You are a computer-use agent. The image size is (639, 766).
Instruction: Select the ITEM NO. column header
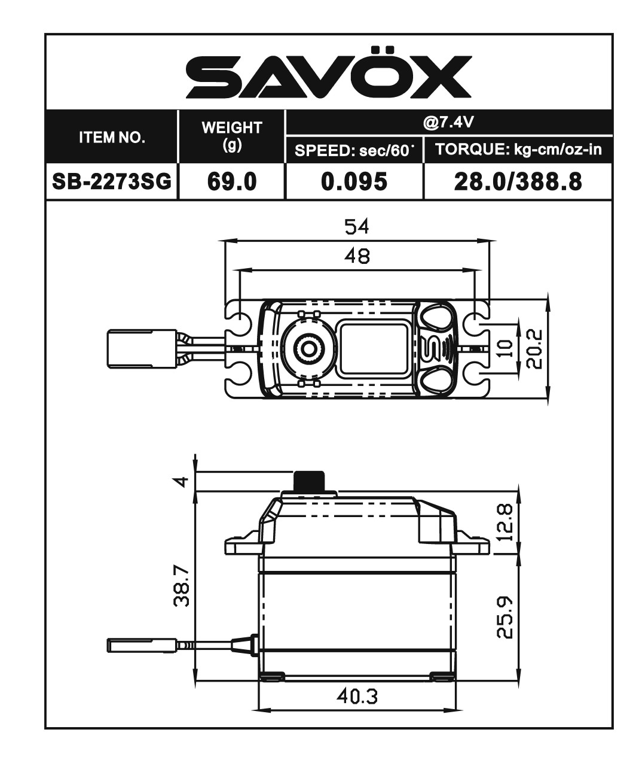tap(112, 137)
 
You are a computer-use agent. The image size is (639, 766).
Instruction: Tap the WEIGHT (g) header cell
tap(232, 136)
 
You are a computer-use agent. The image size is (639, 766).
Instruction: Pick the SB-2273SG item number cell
tap(112, 181)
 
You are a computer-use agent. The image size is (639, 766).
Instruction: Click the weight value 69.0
tap(232, 181)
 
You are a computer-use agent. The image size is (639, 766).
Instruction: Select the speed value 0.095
tap(354, 181)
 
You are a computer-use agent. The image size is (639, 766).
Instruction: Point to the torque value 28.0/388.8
tap(518, 181)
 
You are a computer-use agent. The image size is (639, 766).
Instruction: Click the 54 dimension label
tap(357, 227)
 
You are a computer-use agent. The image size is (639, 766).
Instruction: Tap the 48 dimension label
tap(357, 256)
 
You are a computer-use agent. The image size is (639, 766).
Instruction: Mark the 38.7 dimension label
tap(182, 587)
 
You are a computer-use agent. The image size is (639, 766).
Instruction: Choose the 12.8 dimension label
tap(505, 522)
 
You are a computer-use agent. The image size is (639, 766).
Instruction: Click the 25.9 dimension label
tap(505, 617)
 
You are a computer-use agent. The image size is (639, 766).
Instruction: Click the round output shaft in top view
tap(309, 347)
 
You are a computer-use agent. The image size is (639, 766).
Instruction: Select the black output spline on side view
tap(309, 481)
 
